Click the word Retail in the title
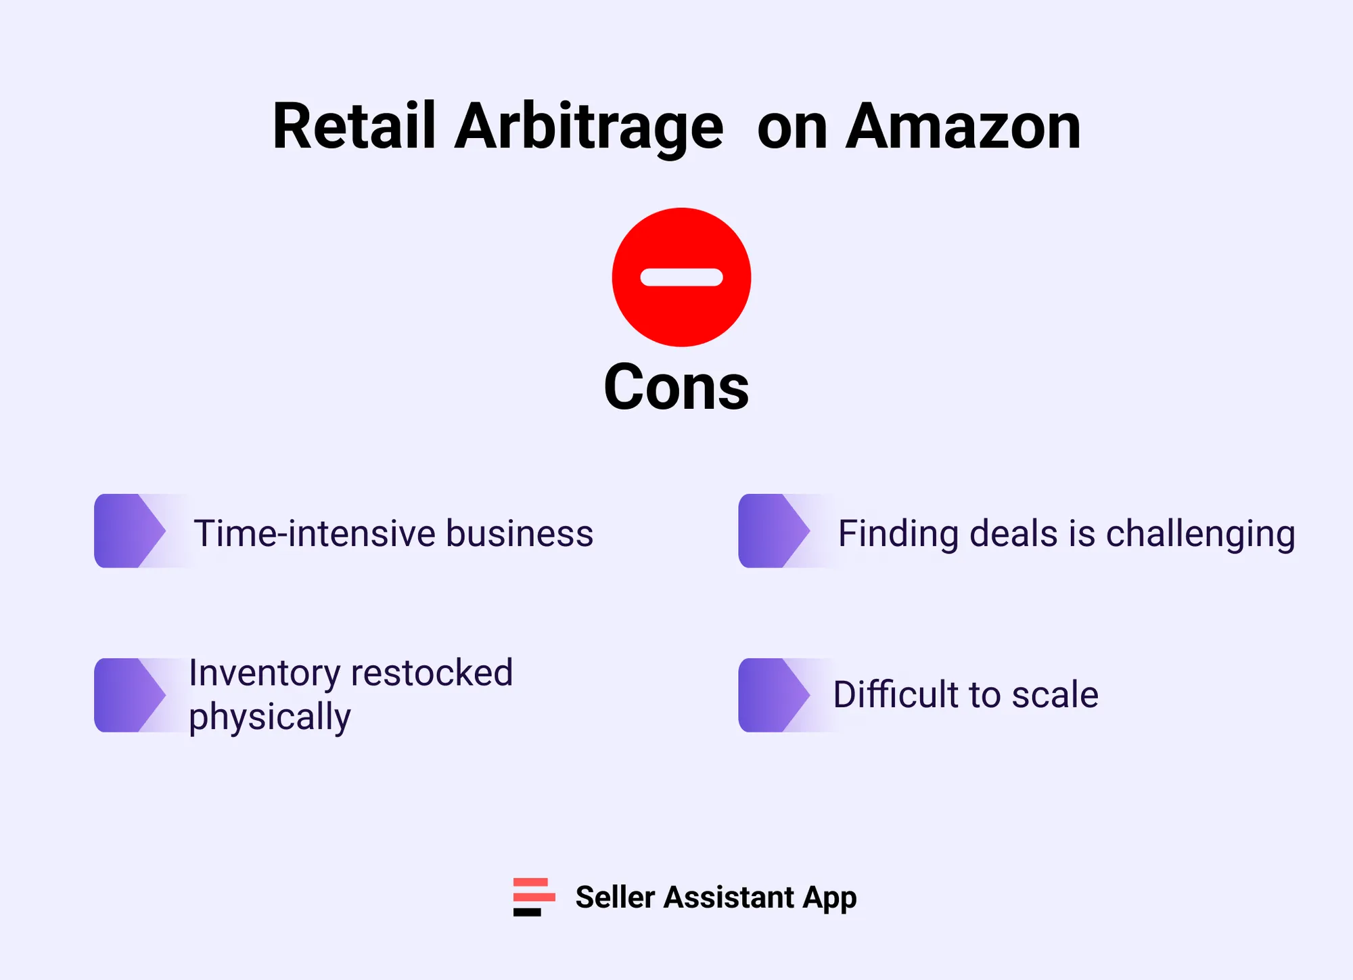(354, 127)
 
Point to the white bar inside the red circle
(681, 277)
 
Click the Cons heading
(676, 386)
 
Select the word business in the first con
(520, 533)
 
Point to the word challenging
(1200, 535)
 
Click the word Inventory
(265, 673)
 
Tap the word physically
(269, 717)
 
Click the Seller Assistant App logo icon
(534, 897)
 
